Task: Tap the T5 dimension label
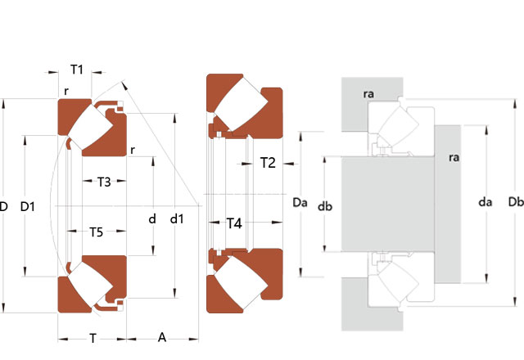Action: tap(96, 232)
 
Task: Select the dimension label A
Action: tap(162, 337)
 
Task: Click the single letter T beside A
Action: tap(93, 337)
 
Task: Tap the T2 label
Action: tap(268, 163)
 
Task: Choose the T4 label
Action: tap(234, 223)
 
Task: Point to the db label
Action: tap(324, 206)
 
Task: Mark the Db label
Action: tap(516, 202)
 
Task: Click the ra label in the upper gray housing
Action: tap(368, 94)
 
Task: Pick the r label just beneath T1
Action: tap(65, 92)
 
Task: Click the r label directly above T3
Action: tap(132, 150)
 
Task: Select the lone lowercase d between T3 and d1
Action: tap(152, 218)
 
